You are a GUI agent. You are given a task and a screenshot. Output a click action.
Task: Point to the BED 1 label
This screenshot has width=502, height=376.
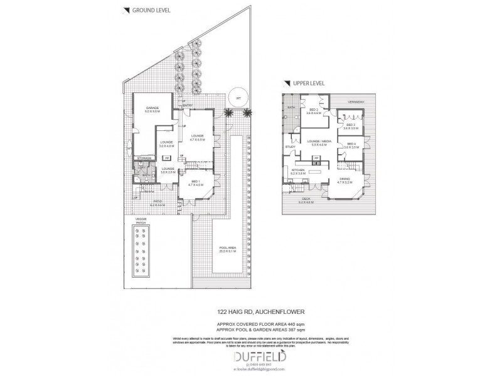196,181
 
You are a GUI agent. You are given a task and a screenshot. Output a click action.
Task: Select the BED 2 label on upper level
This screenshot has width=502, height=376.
314,111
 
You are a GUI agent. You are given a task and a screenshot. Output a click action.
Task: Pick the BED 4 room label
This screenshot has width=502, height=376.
350,145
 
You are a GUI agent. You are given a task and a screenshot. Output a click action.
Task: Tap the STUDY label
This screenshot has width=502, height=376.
291,147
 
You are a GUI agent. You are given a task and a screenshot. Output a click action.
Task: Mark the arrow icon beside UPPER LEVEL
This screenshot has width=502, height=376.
287,82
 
